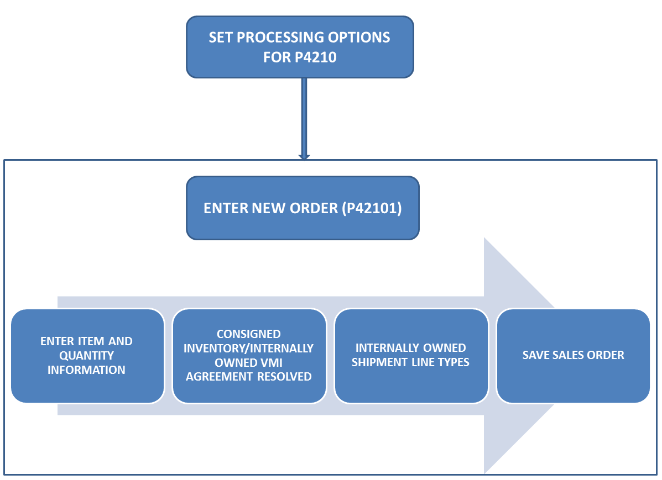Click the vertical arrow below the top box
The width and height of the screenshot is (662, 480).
pos(304,116)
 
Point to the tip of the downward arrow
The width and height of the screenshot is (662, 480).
pos(304,159)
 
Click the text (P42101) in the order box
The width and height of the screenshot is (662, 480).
pos(371,208)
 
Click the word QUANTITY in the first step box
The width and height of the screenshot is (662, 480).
pos(87,356)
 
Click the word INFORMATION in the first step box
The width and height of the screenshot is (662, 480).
pos(87,370)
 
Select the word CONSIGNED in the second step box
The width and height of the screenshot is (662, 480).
pos(248,334)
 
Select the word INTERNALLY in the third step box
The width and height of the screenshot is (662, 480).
pos(384,348)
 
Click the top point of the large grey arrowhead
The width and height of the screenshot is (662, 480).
pos(484,239)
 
